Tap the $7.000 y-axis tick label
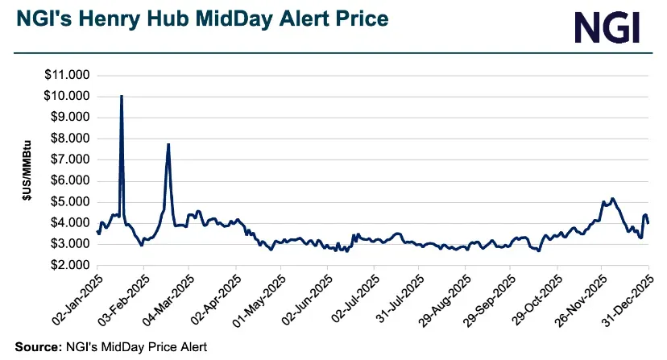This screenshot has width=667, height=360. pyautogui.click(x=68, y=159)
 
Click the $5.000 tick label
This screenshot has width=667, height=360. pyautogui.click(x=68, y=201)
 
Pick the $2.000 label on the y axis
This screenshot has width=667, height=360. pyautogui.click(x=68, y=264)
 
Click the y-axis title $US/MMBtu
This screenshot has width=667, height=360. pyautogui.click(x=25, y=171)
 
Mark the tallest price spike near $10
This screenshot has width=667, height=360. pyautogui.click(x=121, y=96)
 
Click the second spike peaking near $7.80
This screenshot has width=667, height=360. pyautogui.click(x=168, y=144)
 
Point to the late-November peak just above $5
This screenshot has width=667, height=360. pyautogui.click(x=612, y=198)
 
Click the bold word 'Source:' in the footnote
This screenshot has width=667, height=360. pyautogui.click(x=36, y=347)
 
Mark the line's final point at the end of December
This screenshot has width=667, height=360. pyautogui.click(x=648, y=221)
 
